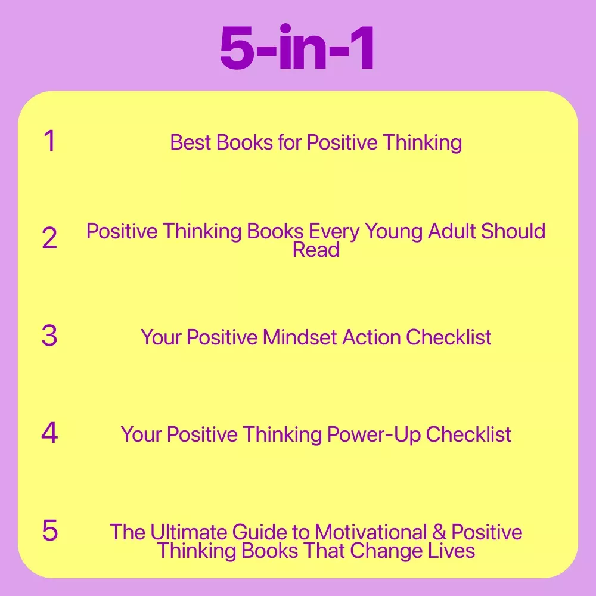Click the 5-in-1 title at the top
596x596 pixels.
click(297, 47)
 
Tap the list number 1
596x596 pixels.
click(50, 141)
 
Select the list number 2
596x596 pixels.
click(49, 238)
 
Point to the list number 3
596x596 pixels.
click(49, 336)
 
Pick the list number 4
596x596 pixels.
click(49, 433)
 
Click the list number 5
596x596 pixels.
click(50, 530)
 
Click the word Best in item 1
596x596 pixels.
click(191, 142)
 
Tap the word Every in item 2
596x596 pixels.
click(334, 232)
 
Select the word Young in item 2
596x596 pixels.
click(393, 232)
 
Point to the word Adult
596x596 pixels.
click(452, 231)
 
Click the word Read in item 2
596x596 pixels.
click(316, 250)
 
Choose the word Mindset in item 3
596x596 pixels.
click(300, 337)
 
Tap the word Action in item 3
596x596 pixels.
click(371, 337)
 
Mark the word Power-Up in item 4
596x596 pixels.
click(374, 435)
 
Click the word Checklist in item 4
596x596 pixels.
click(468, 434)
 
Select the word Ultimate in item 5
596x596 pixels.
click(188, 532)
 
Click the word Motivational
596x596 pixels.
click(371, 532)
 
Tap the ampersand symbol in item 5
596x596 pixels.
click(439, 532)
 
